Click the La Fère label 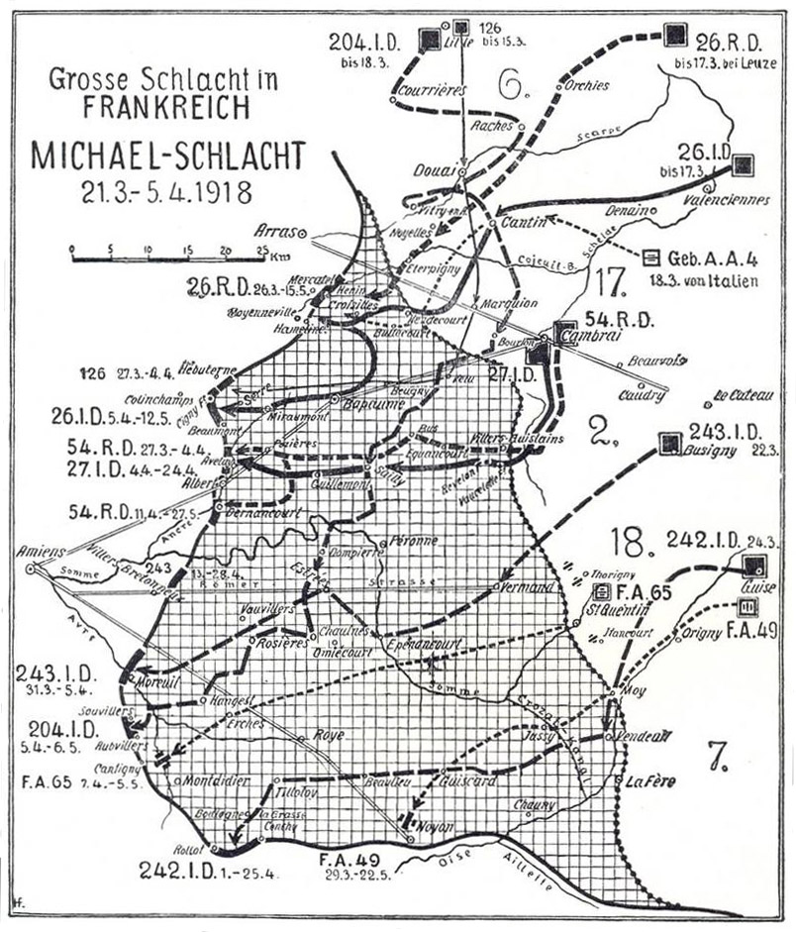click(x=649, y=781)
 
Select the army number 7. click(x=718, y=755)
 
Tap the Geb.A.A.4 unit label click(x=712, y=259)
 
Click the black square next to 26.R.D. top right click(x=674, y=35)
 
